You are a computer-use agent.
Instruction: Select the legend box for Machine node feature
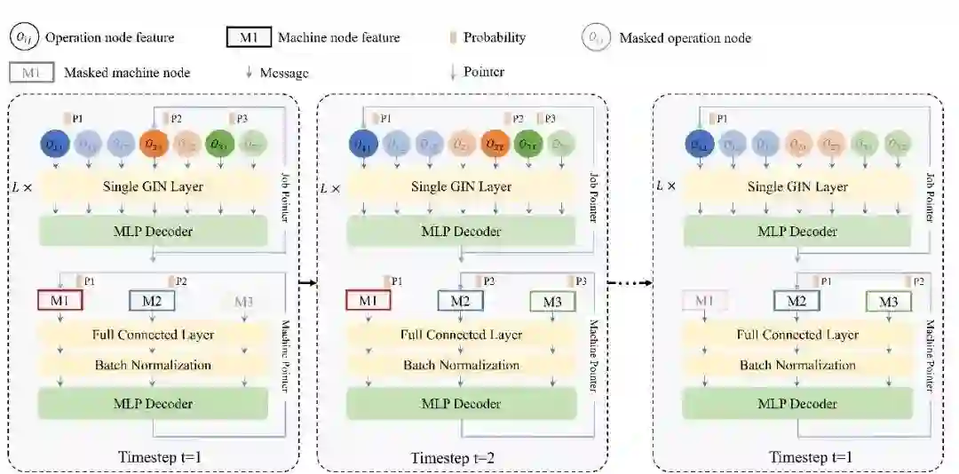click(x=249, y=37)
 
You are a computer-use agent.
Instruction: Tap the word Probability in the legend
click(x=495, y=37)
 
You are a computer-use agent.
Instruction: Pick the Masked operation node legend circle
click(x=596, y=37)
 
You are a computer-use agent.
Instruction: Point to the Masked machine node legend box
click(x=32, y=72)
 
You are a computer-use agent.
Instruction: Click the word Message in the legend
click(x=283, y=73)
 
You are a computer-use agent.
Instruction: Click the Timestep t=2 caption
click(x=451, y=458)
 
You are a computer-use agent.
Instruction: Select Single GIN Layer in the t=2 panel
click(x=461, y=186)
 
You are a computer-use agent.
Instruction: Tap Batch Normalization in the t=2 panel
click(x=461, y=365)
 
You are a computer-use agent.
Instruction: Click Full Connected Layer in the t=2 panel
click(x=461, y=335)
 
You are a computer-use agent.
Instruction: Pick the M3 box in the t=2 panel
click(x=551, y=302)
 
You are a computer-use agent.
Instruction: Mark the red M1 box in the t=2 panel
click(x=368, y=302)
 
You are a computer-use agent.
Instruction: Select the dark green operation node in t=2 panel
click(x=527, y=145)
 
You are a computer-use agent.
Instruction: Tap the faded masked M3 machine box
click(x=244, y=302)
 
